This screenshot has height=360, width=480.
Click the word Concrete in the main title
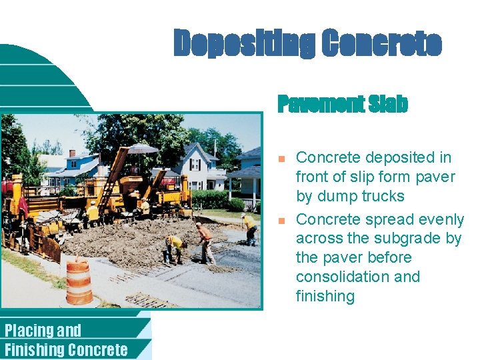coord(381,43)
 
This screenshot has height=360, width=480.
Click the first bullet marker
coord(281,159)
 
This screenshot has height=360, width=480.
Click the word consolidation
coord(358,277)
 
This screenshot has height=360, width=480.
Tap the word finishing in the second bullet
coord(325,296)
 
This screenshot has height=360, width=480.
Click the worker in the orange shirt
coord(206,243)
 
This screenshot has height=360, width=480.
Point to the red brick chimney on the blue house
coord(72,153)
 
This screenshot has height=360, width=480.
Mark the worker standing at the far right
coord(250,228)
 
